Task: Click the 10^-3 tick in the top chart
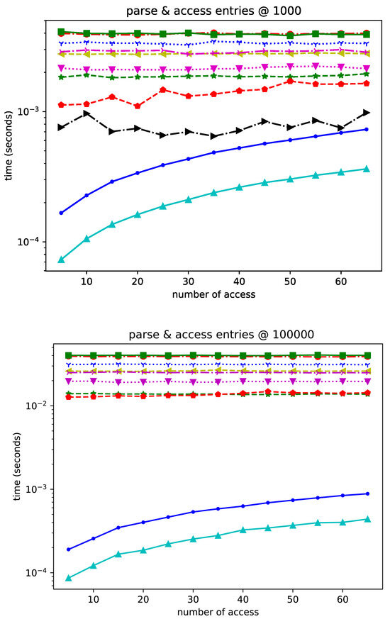35,111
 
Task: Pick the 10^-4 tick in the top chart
35,242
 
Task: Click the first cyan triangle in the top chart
61,260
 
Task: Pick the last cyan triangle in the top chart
367,169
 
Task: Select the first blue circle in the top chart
61,213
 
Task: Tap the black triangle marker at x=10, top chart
87,113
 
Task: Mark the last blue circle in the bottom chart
367,493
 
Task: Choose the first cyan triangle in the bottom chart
69,578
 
